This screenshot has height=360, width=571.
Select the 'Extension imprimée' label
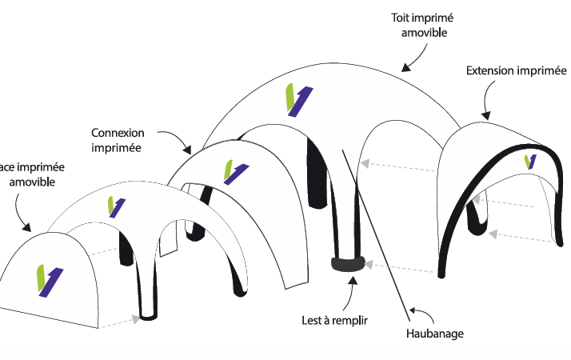coord(512,71)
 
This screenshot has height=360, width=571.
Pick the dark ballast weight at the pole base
coord(347,263)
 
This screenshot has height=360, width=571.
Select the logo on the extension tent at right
coord(530,162)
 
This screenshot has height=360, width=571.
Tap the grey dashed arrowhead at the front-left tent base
coord(135,319)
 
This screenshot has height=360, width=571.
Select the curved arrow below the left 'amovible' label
coord(22,212)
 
